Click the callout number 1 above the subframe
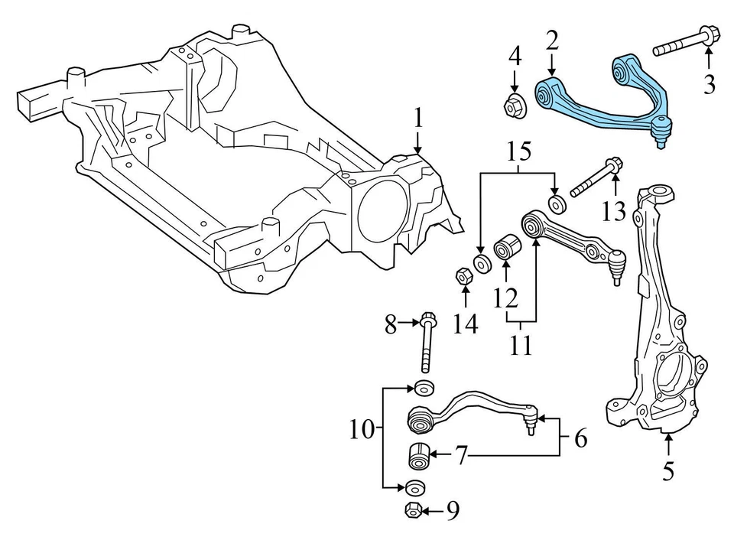(x=418, y=119)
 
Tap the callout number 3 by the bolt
(x=709, y=84)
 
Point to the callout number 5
(x=668, y=471)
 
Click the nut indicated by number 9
(x=411, y=511)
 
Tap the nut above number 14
(x=463, y=275)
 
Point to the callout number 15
(x=518, y=152)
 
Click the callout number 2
(x=552, y=39)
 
